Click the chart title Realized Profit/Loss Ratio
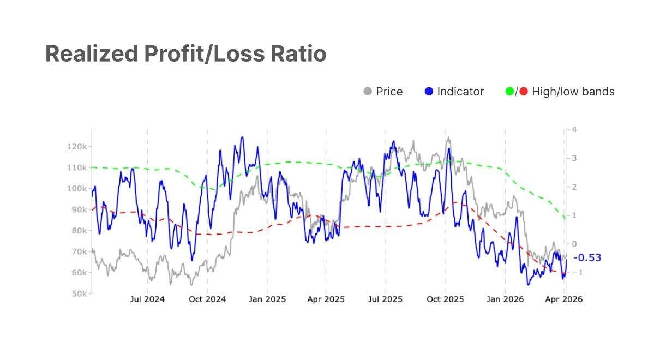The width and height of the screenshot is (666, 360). click(186, 53)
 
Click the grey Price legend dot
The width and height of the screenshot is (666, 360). click(368, 92)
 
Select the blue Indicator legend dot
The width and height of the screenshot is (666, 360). click(429, 92)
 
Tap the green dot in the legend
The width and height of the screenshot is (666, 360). click(510, 92)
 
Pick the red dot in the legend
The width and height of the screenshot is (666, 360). click(524, 92)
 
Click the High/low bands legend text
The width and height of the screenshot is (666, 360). click(573, 92)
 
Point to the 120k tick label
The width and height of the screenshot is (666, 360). click(77, 147)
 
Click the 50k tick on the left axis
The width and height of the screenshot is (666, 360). click(79, 293)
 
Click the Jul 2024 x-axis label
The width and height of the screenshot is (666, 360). click(147, 299)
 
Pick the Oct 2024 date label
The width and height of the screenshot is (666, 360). click(207, 299)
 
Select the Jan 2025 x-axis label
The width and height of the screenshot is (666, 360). click(267, 299)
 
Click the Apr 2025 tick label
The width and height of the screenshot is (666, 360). click(326, 299)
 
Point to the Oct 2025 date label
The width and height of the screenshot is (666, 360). click(445, 299)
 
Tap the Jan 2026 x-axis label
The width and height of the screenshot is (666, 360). click(505, 299)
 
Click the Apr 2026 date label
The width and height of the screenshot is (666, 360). click(565, 299)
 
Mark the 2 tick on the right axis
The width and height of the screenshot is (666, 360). click(574, 187)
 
